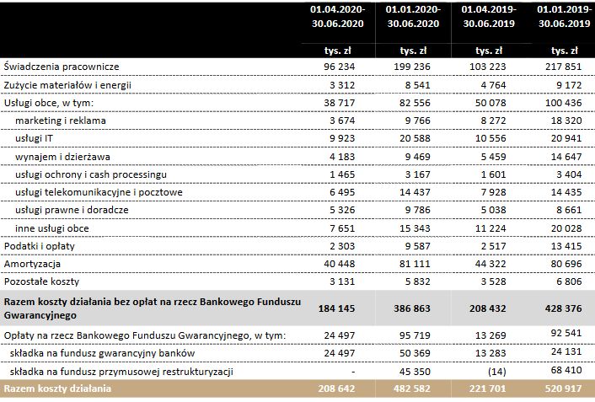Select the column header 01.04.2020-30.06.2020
[x=338, y=18]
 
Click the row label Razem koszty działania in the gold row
[x=57, y=390]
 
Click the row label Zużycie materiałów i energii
[x=67, y=85]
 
